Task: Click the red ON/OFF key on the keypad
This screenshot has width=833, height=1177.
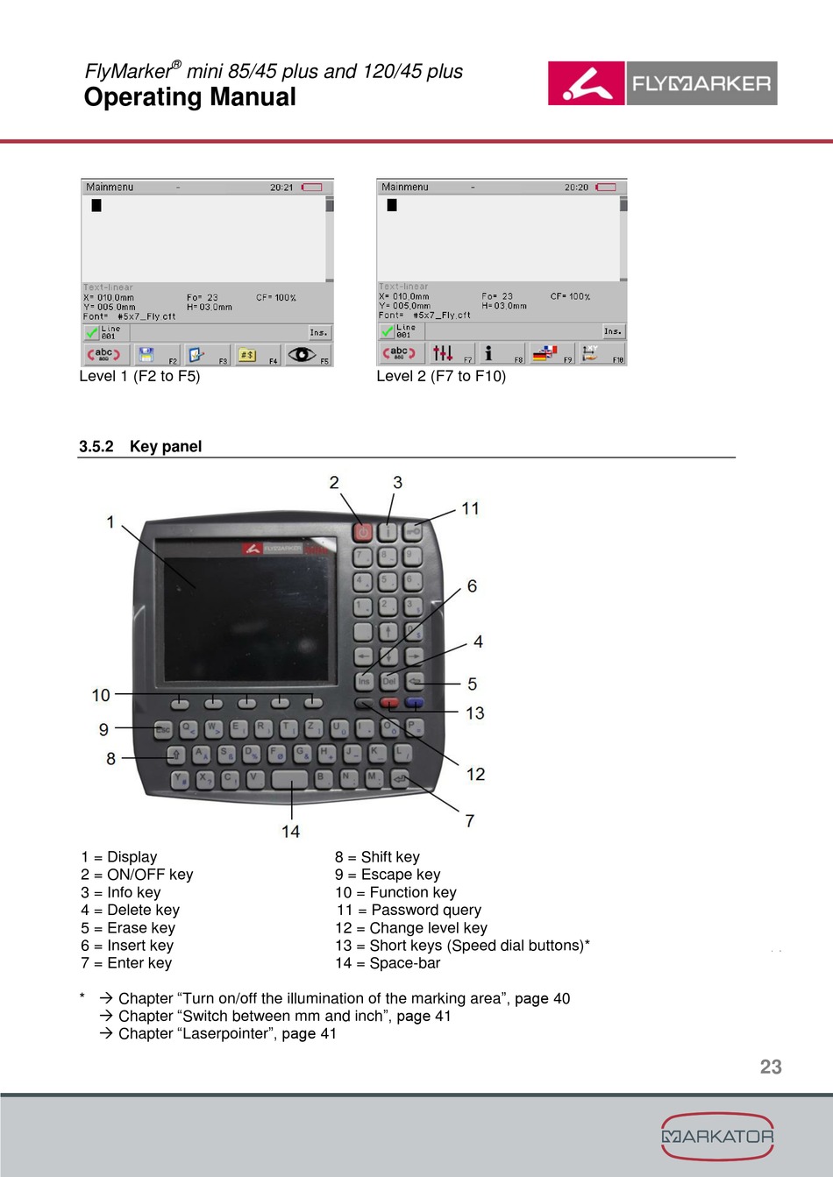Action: [363, 531]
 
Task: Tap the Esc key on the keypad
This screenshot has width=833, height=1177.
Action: [163, 729]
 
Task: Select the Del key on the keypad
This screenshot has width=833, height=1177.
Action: [388, 681]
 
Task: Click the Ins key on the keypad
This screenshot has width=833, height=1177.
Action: [363, 681]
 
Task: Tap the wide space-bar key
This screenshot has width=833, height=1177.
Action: [289, 779]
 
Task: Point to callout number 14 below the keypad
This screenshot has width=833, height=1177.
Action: [291, 831]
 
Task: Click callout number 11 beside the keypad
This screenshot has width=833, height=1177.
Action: [471, 508]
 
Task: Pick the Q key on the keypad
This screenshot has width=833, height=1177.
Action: [188, 728]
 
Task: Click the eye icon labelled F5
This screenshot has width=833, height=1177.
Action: [303, 354]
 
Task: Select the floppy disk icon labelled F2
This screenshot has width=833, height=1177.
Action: [147, 355]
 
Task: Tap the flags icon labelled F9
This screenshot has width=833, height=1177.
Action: [545, 353]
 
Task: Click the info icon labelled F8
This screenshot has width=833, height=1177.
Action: [489, 353]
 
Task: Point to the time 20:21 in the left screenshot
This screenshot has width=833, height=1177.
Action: [281, 188]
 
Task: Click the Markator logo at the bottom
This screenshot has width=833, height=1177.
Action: [717, 1136]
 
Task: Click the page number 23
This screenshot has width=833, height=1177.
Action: [771, 1067]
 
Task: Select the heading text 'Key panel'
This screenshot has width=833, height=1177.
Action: [166, 446]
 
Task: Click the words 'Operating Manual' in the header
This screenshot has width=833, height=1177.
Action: [190, 97]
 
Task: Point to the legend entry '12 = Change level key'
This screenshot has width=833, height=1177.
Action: [411, 927]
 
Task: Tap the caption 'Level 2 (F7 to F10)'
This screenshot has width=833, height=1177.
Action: [441, 376]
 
